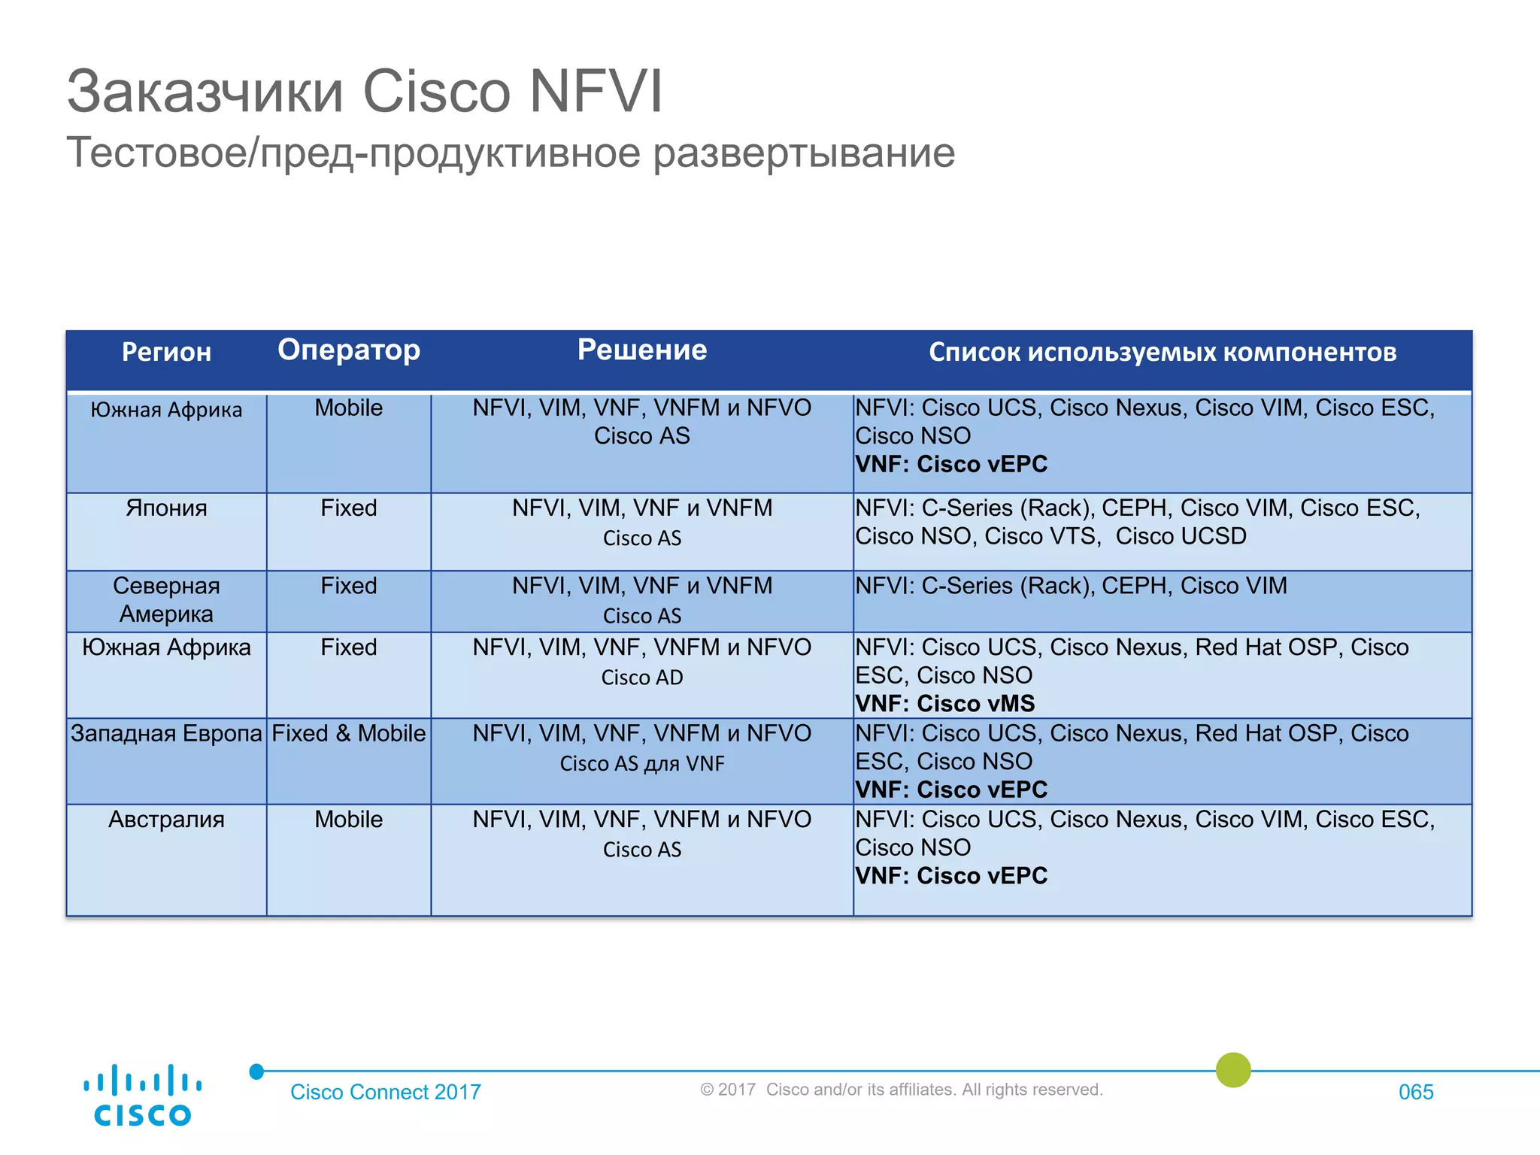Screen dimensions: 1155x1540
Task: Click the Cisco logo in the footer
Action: pos(142,1095)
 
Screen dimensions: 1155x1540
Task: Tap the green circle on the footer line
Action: pos(1233,1069)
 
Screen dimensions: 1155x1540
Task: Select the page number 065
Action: pos(1416,1092)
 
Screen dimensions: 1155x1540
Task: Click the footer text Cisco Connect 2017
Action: pos(386,1092)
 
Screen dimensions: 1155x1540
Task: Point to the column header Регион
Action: pos(166,352)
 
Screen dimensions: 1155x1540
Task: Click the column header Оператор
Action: pos(349,350)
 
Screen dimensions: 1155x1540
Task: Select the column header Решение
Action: pos(642,350)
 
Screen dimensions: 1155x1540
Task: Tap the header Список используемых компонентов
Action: pos(1163,352)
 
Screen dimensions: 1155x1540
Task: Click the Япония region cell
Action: pos(166,508)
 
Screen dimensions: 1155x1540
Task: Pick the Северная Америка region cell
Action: pos(166,600)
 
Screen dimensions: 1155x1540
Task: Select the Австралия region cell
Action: pos(166,820)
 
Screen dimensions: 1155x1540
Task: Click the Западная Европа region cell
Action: pos(166,733)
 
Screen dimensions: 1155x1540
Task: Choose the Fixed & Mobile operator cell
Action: pos(349,733)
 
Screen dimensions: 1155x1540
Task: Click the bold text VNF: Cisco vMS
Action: pos(945,704)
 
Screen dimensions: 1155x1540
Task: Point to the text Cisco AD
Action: pos(642,678)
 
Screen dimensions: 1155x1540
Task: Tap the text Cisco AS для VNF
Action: pos(642,764)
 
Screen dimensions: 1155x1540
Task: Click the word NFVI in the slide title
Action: pos(596,92)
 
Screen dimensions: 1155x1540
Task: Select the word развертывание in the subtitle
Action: pos(804,153)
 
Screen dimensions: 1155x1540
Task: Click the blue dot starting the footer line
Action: pos(256,1071)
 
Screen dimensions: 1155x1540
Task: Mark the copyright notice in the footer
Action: pos(901,1090)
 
